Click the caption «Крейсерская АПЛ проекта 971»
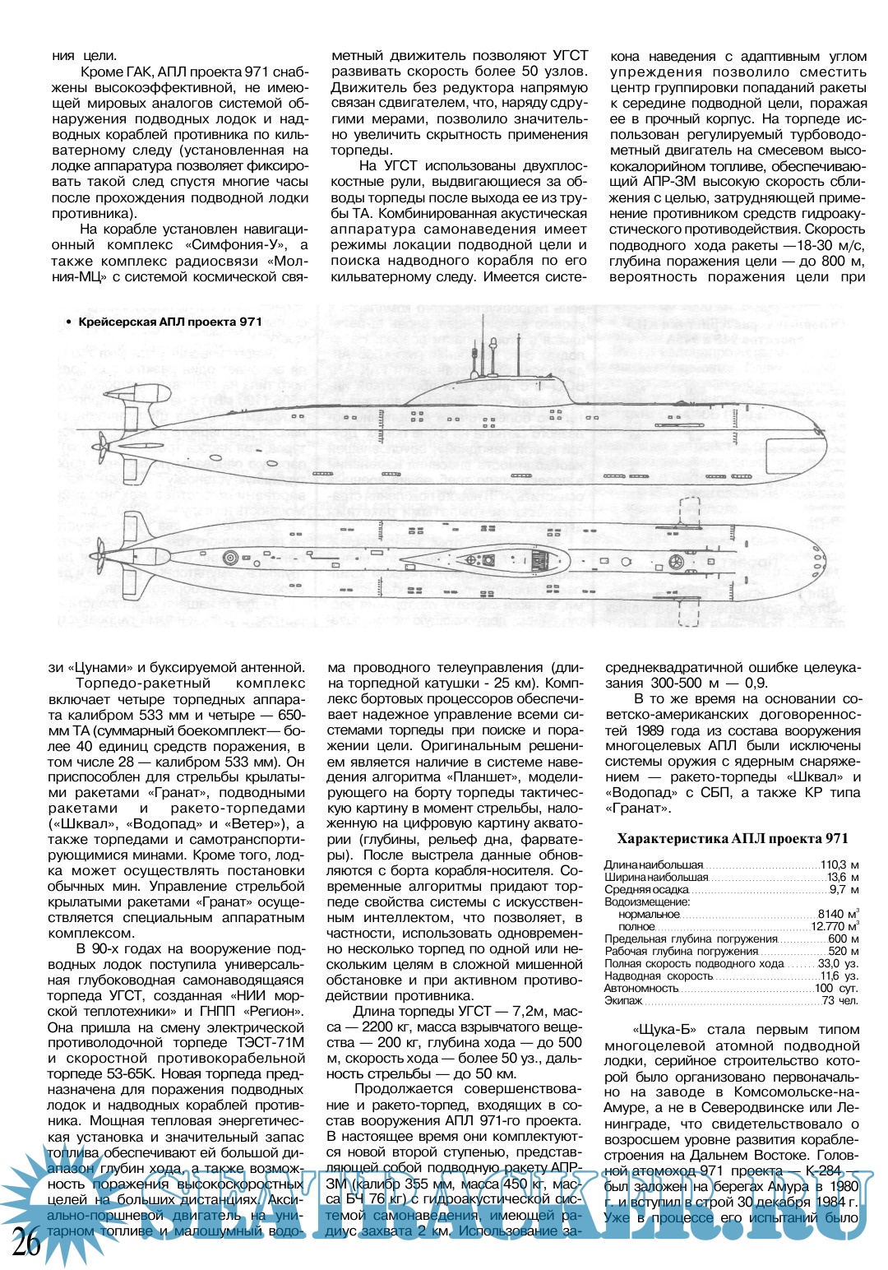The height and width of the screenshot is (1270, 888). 169,322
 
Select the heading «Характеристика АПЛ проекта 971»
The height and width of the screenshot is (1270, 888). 733,839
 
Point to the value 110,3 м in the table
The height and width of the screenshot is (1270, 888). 839,865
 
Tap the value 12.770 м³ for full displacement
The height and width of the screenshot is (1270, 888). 835,926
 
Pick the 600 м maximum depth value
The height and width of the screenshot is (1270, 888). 844,939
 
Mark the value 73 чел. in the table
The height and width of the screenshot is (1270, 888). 841,1000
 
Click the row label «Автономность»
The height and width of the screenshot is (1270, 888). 641,988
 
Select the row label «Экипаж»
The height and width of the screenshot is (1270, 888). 623,1000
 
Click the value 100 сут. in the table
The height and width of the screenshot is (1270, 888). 837,988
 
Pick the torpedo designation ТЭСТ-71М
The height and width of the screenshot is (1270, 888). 263,1043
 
